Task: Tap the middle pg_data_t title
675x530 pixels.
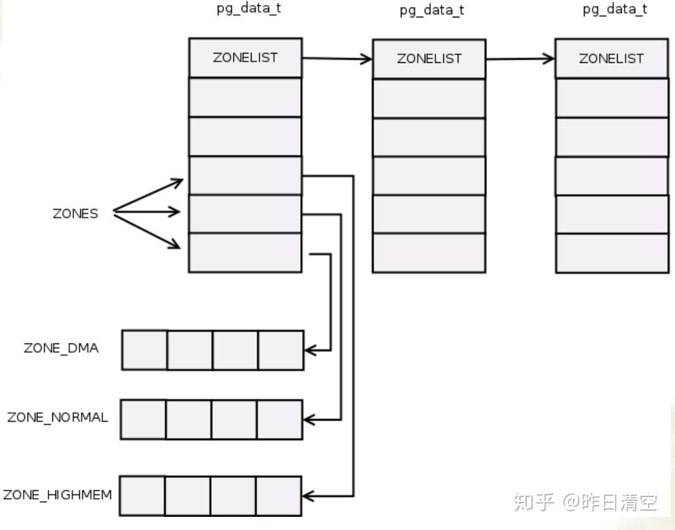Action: click(x=432, y=11)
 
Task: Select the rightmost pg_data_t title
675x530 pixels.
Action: click(x=615, y=9)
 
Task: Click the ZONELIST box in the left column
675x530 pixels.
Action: click(x=245, y=58)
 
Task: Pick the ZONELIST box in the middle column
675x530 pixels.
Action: click(x=429, y=58)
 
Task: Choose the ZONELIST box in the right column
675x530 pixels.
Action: click(x=611, y=58)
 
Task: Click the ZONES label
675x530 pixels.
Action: click(x=75, y=213)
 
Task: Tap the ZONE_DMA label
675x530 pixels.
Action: click(x=61, y=348)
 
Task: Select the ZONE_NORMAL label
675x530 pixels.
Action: click(x=57, y=417)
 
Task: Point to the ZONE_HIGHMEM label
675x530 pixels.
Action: click(x=57, y=495)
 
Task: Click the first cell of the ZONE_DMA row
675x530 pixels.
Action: click(x=144, y=350)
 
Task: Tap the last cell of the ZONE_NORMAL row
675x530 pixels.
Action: click(x=280, y=420)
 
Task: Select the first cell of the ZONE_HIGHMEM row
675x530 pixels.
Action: click(x=142, y=496)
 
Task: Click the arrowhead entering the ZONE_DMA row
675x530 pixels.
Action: click(x=309, y=350)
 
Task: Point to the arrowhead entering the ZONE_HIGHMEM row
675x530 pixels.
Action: click(x=307, y=496)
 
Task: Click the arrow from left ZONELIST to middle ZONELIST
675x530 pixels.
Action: click(x=337, y=59)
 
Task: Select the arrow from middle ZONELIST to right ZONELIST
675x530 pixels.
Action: click(x=520, y=59)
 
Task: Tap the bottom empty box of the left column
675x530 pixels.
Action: click(x=245, y=253)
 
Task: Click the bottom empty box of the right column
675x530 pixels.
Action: click(x=611, y=253)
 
